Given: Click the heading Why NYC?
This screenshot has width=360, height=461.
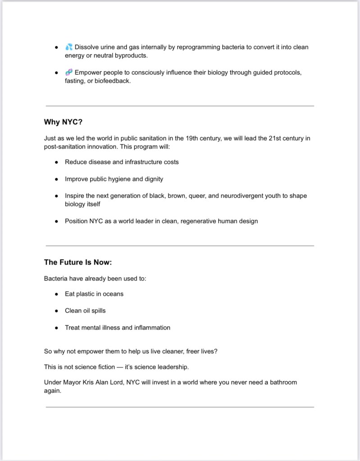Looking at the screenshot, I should click(63, 122).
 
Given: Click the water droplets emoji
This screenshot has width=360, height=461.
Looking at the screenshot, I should click(69, 47).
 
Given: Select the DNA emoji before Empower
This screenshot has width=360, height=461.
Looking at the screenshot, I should click(69, 73).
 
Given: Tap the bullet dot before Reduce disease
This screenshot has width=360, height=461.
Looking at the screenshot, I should click(56, 162).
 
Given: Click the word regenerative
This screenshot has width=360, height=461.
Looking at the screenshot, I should click(201, 221).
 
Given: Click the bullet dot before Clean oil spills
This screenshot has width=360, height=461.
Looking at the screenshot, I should click(56, 311).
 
